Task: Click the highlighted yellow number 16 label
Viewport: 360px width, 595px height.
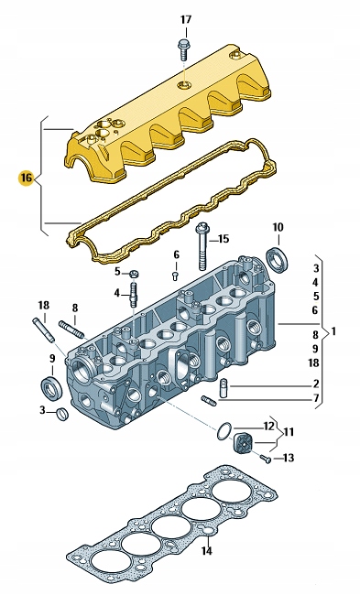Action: click(27, 178)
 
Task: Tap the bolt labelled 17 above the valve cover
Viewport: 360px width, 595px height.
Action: click(183, 49)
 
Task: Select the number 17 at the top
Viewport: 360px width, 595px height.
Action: click(186, 19)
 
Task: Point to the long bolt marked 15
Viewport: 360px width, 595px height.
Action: click(202, 246)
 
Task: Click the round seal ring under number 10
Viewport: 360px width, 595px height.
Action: click(278, 259)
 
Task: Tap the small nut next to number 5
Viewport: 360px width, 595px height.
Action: click(134, 273)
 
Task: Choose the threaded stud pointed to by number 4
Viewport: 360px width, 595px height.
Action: click(134, 295)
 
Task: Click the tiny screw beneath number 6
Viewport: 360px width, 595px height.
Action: click(176, 276)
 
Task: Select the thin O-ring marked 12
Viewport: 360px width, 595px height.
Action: click(224, 431)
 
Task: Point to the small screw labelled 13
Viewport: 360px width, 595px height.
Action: click(266, 460)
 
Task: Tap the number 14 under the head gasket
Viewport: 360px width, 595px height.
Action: click(207, 550)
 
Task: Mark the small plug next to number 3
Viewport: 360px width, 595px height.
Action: click(62, 414)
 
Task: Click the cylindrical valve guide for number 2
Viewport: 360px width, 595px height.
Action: click(223, 388)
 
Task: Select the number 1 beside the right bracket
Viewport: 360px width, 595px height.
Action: click(333, 331)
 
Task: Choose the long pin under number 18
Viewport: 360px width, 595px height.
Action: click(45, 330)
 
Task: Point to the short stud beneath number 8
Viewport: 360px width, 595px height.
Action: click(71, 329)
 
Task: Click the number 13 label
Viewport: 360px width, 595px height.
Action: click(289, 458)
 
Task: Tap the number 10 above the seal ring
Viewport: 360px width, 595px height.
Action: click(278, 227)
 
